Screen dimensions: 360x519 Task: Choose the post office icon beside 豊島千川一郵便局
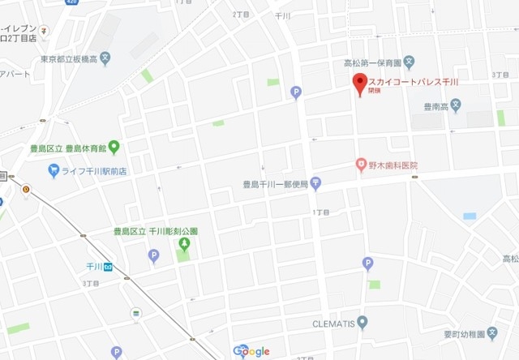[x=315, y=184]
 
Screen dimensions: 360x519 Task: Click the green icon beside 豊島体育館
[x=114, y=147]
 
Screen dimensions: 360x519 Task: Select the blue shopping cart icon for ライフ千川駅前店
[x=54, y=169]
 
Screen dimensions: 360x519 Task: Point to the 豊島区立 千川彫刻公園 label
[x=156, y=231]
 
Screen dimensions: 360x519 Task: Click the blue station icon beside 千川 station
[x=107, y=266]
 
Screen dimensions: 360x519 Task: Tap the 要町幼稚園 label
[x=470, y=334]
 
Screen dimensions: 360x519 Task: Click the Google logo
[x=251, y=351]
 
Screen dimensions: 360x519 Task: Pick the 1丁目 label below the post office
[x=322, y=212]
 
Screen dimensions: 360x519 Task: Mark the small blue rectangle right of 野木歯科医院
[x=470, y=216]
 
